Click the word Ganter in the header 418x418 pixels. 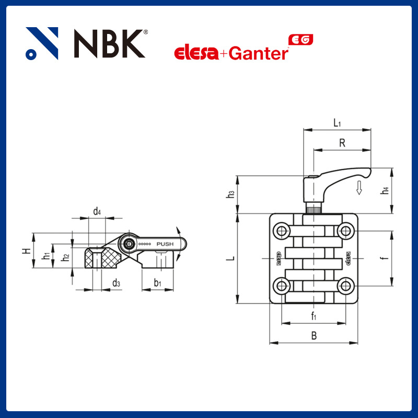(x=259, y=53)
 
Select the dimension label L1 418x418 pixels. (x=337, y=123)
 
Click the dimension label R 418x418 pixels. (x=342, y=143)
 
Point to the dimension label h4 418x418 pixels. (x=385, y=191)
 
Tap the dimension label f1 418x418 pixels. (x=313, y=316)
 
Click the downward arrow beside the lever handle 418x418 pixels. (x=359, y=188)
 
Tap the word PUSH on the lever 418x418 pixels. (x=166, y=244)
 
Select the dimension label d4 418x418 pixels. (x=97, y=211)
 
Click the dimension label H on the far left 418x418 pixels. (x=25, y=251)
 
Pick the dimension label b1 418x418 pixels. (x=157, y=283)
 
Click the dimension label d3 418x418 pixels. (x=116, y=283)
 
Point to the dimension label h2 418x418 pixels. (x=65, y=257)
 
